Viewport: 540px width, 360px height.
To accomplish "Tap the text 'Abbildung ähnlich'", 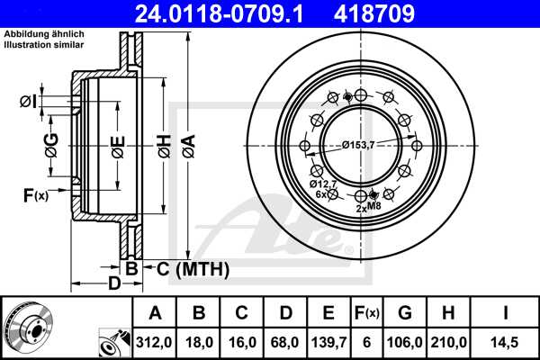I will pyautogui.click(x=42, y=34).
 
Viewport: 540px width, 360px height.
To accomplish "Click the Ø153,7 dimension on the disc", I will pyautogui.click(x=358, y=145).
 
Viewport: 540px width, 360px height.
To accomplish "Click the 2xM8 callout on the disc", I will pyautogui.click(x=369, y=208).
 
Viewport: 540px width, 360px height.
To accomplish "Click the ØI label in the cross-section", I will pyautogui.click(x=27, y=102).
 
